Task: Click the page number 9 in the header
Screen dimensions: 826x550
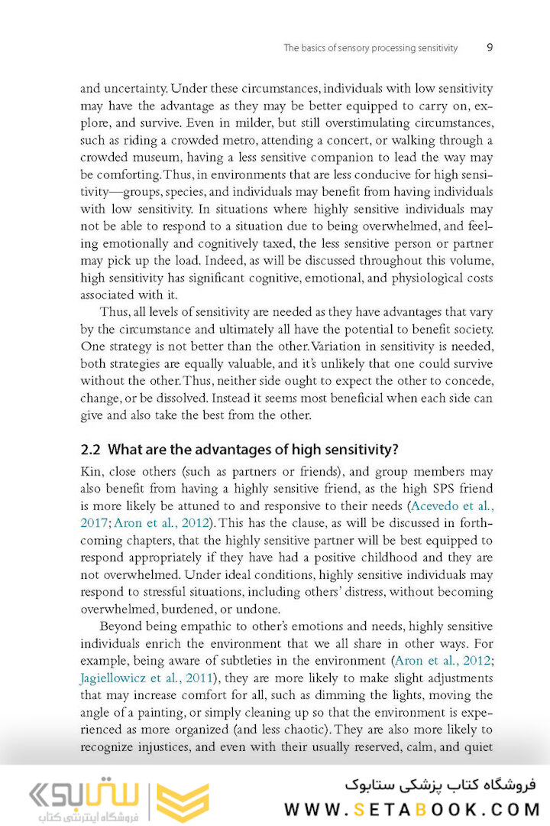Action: [x=489, y=47]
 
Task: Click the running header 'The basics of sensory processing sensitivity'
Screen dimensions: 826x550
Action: [x=370, y=48]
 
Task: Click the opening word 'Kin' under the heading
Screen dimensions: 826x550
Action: [x=91, y=472]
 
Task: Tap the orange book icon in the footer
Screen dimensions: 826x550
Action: [x=183, y=803]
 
